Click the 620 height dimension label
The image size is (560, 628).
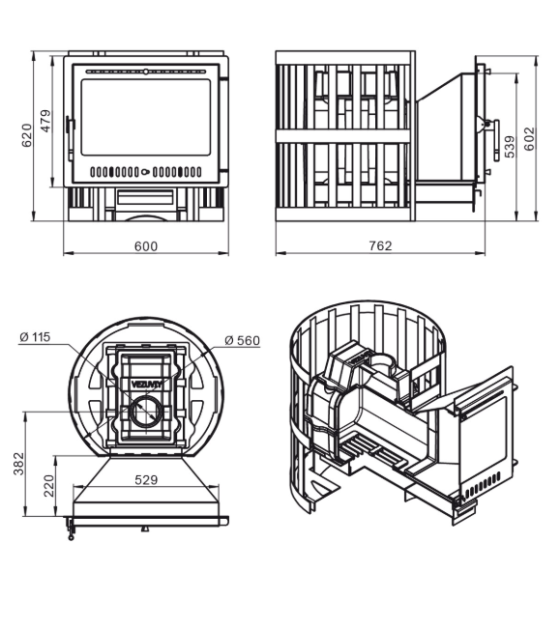27,135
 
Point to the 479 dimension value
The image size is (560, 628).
46,121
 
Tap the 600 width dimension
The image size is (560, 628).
146,246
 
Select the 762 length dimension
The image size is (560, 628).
380,245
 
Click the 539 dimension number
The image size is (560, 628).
509,147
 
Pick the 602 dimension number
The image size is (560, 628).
529,139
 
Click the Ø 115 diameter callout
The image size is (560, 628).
35,337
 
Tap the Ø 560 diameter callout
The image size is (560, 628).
242,340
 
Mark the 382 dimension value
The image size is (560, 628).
18,464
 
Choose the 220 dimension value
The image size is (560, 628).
48,485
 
